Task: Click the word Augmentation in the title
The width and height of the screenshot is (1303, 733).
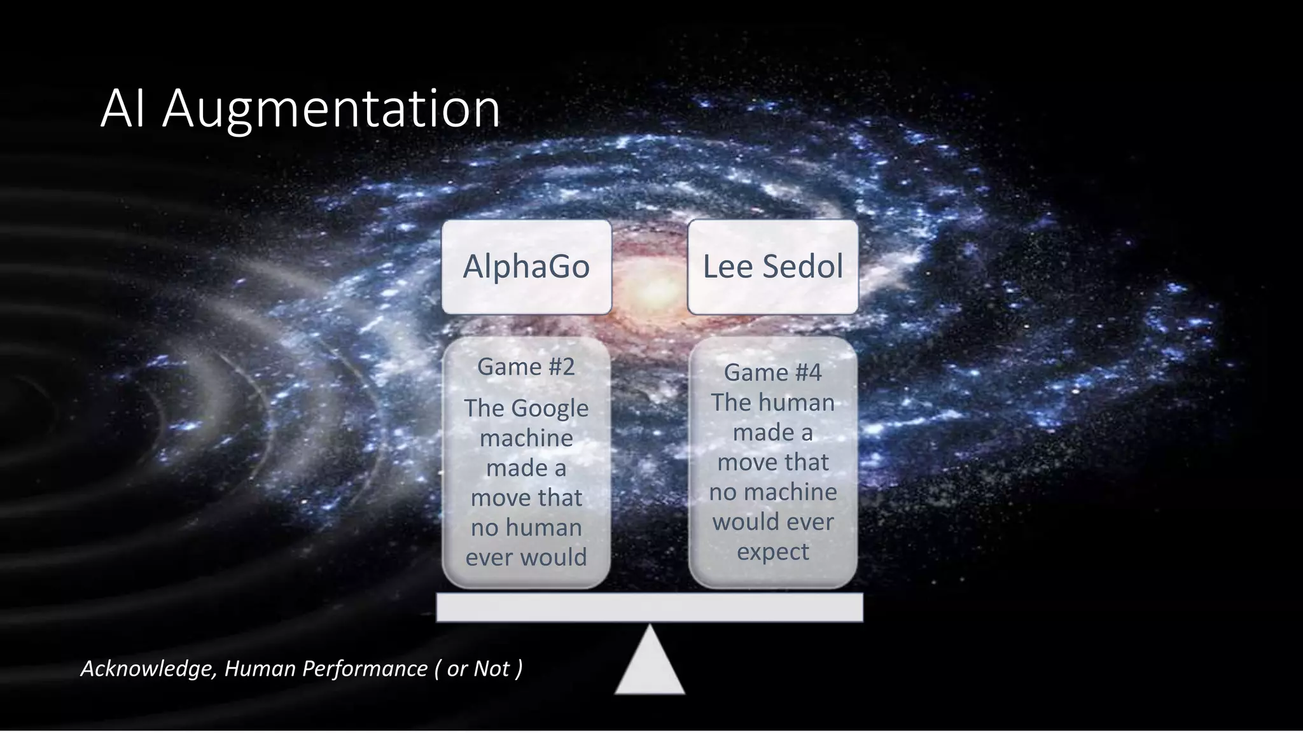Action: [331, 109]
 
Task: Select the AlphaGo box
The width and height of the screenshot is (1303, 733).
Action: [526, 267]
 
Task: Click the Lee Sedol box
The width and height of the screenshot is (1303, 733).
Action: [772, 267]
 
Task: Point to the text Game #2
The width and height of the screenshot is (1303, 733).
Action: [526, 366]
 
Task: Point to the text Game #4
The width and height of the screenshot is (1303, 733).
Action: [772, 372]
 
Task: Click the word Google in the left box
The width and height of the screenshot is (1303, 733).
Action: [550, 408]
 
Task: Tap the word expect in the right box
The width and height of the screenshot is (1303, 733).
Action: [772, 551]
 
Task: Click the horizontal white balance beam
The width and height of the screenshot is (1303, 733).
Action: [650, 607]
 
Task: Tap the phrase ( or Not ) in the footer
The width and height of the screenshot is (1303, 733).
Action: [478, 669]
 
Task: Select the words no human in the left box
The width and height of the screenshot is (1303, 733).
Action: [526, 527]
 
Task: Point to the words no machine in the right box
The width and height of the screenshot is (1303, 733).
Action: [772, 492]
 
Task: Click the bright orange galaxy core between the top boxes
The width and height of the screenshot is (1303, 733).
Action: [650, 291]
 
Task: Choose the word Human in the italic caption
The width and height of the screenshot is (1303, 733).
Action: [260, 669]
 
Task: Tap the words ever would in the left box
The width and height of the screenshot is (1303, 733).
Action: [526, 557]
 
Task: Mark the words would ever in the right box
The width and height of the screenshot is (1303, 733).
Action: [772, 522]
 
